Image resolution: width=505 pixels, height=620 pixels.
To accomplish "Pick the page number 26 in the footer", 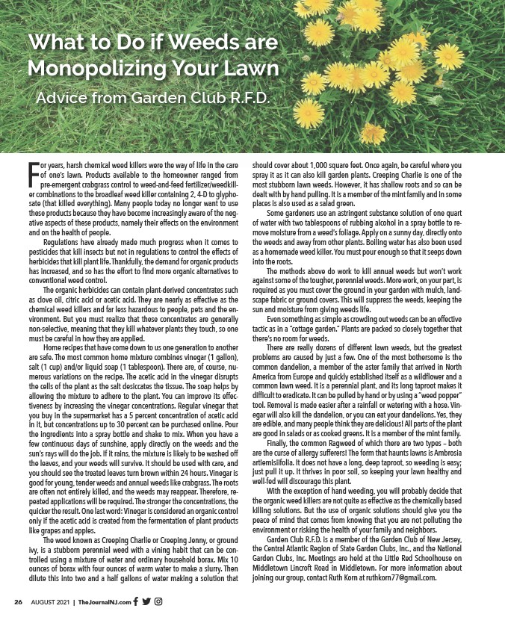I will (19, 602).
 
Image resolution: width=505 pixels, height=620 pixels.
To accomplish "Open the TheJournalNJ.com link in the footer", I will (105, 602).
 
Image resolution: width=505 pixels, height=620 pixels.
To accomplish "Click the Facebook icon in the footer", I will (136, 601).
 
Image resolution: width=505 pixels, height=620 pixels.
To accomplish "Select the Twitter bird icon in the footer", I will (146, 601).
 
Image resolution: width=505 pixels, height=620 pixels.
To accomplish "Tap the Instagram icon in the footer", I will (158, 601).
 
